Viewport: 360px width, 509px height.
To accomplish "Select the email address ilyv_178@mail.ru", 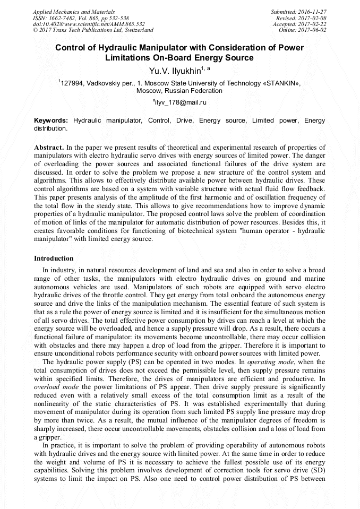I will click(181, 101).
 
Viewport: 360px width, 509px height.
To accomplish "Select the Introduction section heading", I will click(54, 258).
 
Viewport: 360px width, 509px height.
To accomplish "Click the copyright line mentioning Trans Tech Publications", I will click(93, 30).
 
